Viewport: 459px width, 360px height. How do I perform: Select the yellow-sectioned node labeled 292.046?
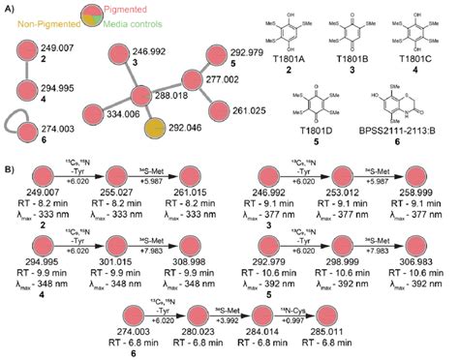coord(156,128)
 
